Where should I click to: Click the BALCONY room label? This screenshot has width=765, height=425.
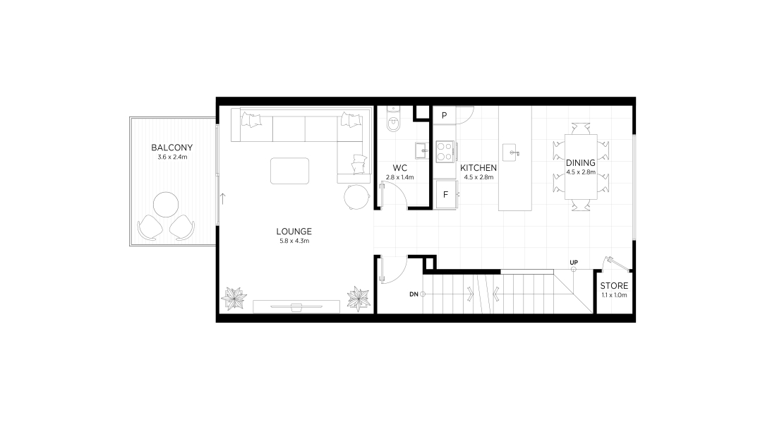pyautogui.click(x=171, y=148)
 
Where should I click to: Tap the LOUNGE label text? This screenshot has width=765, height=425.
pyautogui.click(x=294, y=232)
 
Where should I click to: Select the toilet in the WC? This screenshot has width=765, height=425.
pyautogui.click(x=393, y=119)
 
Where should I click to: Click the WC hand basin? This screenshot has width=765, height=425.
pyautogui.click(x=421, y=151)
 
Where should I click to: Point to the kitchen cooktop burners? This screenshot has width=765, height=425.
pyautogui.click(x=445, y=151)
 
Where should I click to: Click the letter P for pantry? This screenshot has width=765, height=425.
pyautogui.click(x=445, y=116)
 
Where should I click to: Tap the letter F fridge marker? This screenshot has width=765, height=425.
pyautogui.click(x=445, y=195)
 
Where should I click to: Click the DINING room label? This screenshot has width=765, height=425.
pyautogui.click(x=581, y=163)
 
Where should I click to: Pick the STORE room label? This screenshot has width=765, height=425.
pyautogui.click(x=614, y=286)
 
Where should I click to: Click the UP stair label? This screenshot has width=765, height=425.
pyautogui.click(x=574, y=263)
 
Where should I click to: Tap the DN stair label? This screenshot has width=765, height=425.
pyautogui.click(x=414, y=294)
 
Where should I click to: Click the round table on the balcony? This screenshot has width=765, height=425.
pyautogui.click(x=166, y=205)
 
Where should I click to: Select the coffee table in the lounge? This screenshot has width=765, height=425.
pyautogui.click(x=290, y=171)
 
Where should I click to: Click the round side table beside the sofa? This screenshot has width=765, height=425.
pyautogui.click(x=356, y=197)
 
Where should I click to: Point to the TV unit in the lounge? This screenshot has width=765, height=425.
pyautogui.click(x=296, y=306)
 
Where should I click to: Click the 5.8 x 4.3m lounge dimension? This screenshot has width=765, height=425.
pyautogui.click(x=294, y=241)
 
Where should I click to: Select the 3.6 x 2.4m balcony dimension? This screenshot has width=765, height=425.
pyautogui.click(x=172, y=157)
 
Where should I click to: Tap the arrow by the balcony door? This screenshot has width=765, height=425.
pyautogui.click(x=223, y=198)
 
